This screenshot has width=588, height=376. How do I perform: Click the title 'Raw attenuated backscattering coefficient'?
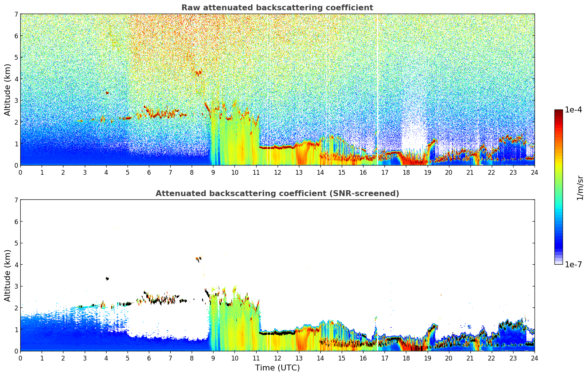click(x=277, y=8)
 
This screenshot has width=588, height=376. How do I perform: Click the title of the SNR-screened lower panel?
click(x=277, y=194)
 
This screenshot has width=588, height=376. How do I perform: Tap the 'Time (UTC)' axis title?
click(x=277, y=368)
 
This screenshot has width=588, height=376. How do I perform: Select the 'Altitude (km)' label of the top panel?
click(x=7, y=90)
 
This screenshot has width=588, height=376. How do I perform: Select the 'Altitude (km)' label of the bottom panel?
click(x=7, y=275)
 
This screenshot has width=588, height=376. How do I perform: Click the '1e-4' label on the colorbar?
click(x=573, y=110)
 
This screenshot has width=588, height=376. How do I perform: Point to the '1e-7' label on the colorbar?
click(x=573, y=264)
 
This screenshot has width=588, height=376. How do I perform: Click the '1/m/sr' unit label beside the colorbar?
click(x=580, y=188)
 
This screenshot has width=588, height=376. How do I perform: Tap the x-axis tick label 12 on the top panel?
click(x=277, y=172)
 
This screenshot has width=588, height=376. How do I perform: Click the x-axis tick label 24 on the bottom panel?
click(x=534, y=358)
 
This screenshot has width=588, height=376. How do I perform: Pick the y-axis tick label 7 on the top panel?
click(x=16, y=14)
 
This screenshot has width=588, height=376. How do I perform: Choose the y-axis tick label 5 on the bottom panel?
click(x=16, y=243)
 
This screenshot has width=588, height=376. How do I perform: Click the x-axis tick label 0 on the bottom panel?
click(x=20, y=358)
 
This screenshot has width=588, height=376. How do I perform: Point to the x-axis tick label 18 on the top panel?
click(x=406, y=172)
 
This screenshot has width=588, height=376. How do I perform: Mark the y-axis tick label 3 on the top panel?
click(x=16, y=101)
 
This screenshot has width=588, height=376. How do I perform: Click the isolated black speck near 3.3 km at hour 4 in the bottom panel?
click(x=107, y=279)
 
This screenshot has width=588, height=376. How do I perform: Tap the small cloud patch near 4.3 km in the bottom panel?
click(x=199, y=259)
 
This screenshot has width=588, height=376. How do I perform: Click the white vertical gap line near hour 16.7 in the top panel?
click(x=377, y=88)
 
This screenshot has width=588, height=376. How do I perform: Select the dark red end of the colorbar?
click(x=559, y=111)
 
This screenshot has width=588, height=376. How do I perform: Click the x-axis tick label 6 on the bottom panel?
click(x=149, y=358)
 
